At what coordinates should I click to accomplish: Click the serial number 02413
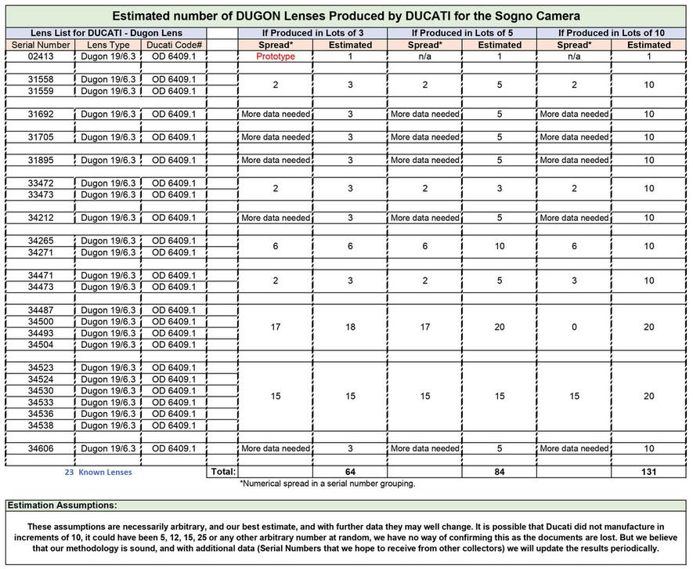[40, 56]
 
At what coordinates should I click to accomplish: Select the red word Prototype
[275, 56]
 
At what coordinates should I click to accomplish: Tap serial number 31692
[40, 114]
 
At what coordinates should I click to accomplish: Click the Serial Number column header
[40, 45]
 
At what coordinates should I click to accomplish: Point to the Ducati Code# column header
[175, 45]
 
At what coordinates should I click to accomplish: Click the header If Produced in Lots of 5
[462, 33]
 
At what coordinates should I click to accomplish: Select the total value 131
[648, 472]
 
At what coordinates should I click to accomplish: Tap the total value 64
[350, 472]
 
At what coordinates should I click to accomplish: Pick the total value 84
[500, 472]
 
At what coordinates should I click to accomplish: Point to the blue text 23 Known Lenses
[98, 472]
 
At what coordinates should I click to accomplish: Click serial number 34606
[40, 448]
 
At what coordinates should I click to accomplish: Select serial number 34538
[40, 426]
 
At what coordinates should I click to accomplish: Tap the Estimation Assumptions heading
[62, 506]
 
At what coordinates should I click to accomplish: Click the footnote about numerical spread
[327, 484]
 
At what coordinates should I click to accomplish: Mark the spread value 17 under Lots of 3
[275, 327]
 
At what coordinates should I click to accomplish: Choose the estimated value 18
[350, 327]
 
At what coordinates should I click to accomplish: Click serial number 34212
[40, 218]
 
